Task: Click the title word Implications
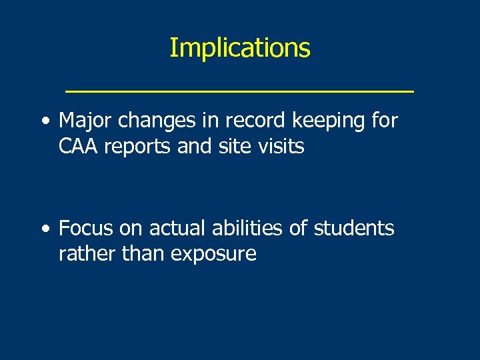(x=239, y=48)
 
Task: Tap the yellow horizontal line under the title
(x=239, y=89)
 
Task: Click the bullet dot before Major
(x=44, y=122)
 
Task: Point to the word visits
(x=280, y=146)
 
